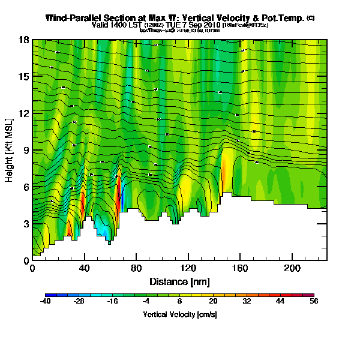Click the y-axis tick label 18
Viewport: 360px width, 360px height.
(x=24, y=40)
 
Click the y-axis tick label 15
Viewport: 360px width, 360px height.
(x=24, y=77)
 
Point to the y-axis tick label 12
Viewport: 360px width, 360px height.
(x=24, y=113)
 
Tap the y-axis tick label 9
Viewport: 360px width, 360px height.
(x=26, y=150)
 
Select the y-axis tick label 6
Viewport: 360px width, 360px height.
(x=26, y=187)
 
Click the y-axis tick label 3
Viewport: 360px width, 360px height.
(x=26, y=224)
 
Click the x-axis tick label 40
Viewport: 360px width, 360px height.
(x=84, y=268)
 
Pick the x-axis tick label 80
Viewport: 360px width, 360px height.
(x=136, y=268)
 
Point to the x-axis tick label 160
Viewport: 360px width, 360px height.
(x=240, y=268)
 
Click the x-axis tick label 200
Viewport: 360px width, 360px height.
(x=292, y=268)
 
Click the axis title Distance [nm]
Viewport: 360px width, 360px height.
(x=179, y=281)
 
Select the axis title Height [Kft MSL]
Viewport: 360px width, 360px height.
(x=10, y=150)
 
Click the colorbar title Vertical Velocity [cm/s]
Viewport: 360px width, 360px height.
(x=179, y=314)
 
